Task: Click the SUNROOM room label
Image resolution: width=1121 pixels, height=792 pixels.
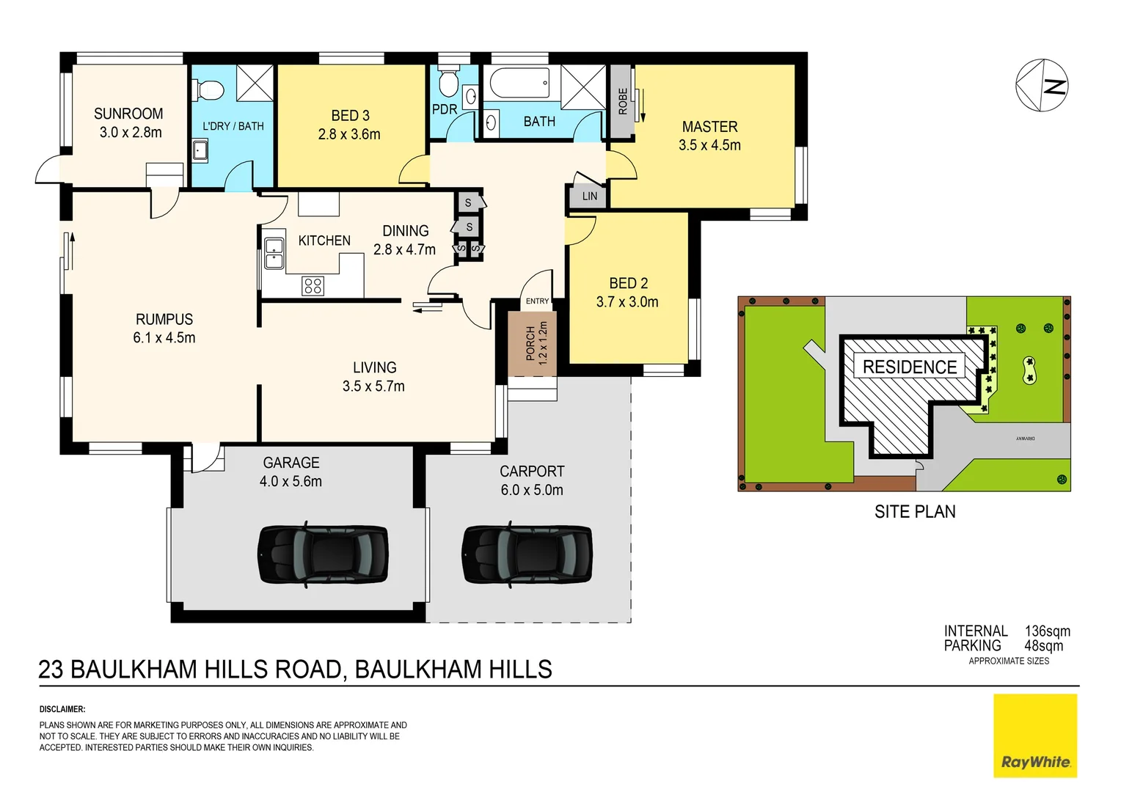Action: [x=128, y=114]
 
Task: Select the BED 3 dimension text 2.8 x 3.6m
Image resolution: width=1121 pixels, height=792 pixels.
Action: [x=349, y=134]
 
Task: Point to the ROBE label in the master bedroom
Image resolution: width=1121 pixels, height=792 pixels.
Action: [x=623, y=101]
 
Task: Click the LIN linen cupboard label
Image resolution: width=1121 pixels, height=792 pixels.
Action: [x=589, y=197]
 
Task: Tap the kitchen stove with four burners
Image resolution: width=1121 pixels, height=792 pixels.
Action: [x=313, y=286]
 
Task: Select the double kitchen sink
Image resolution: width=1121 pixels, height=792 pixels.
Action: [x=274, y=253]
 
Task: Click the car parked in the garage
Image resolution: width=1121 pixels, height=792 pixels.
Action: [x=323, y=554]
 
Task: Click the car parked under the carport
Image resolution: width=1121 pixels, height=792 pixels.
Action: [x=527, y=554]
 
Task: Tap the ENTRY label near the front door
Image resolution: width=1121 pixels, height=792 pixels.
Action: [x=537, y=301]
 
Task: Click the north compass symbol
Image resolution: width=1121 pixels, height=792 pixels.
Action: [x=1042, y=86]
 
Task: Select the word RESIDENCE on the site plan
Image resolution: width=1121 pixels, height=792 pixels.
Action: [x=910, y=367]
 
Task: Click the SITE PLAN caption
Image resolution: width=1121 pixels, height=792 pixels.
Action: [x=915, y=512]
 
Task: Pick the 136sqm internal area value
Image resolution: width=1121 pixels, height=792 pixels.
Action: [x=1047, y=631]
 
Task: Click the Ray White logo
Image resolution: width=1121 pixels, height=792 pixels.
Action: [x=1035, y=736]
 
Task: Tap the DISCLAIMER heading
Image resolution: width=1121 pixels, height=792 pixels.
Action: [x=62, y=709]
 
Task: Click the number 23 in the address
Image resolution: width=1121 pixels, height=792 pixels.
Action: [x=51, y=670]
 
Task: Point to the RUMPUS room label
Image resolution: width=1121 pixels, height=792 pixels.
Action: [x=164, y=320]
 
